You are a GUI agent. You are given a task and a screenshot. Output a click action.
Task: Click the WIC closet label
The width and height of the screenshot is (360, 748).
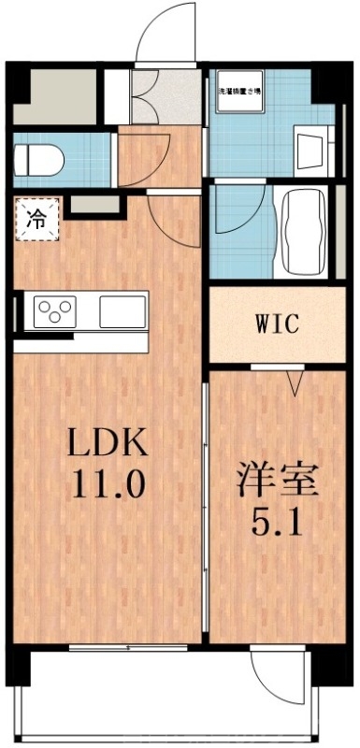click(x=278, y=325)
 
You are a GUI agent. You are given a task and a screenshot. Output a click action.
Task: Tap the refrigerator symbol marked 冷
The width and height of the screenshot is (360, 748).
click(x=36, y=221)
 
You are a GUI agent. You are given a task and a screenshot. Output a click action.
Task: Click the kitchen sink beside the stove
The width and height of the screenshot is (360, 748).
click(x=123, y=310)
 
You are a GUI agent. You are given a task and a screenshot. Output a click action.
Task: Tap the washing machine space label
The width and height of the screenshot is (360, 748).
click(x=240, y=92)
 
